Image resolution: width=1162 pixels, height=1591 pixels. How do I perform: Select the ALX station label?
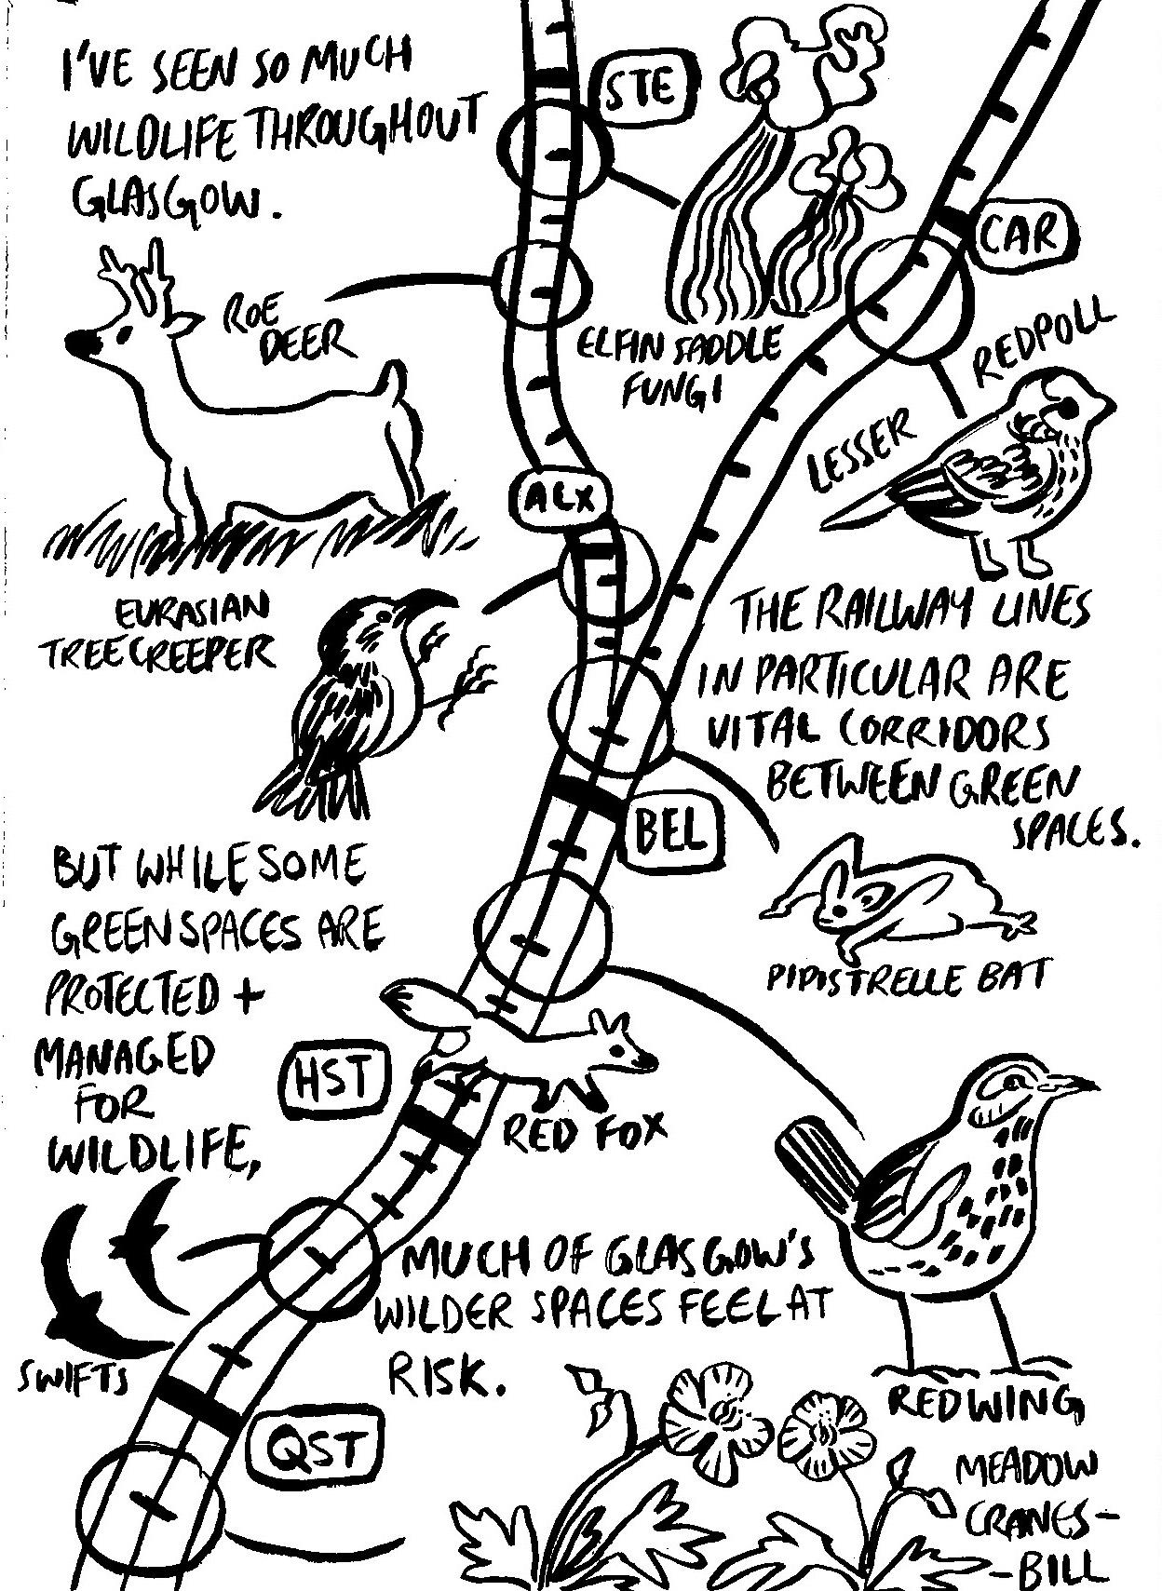click(559, 501)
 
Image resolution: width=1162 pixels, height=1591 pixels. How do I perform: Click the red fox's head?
click(624, 1046)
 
